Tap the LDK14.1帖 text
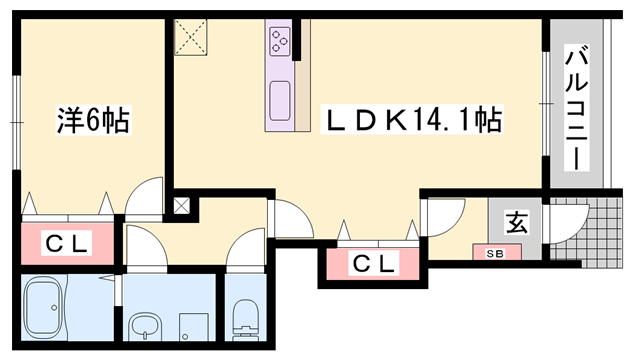(x=409, y=121)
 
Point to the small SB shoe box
(x=495, y=252)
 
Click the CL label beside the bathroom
(x=68, y=242)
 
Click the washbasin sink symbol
(x=145, y=325)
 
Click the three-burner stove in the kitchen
(x=278, y=41)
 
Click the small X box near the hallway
(x=182, y=207)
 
